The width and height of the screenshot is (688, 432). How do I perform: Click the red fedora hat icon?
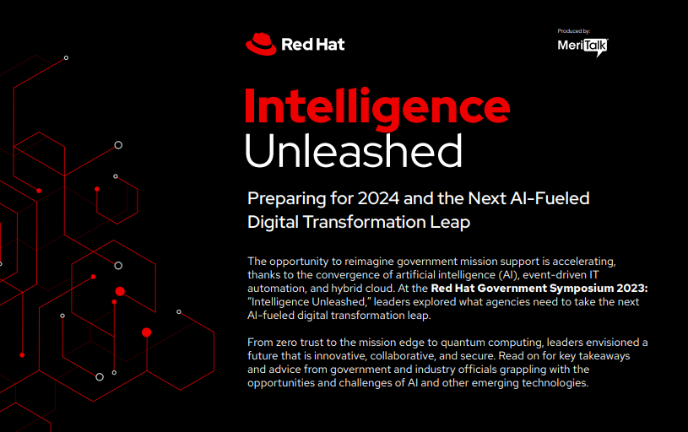pyautogui.click(x=261, y=44)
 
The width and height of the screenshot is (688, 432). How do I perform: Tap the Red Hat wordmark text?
pyautogui.click(x=313, y=44)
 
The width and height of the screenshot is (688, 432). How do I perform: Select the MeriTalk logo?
pyautogui.click(x=582, y=46)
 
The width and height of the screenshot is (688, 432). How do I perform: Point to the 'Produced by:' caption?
pyautogui.click(x=573, y=31)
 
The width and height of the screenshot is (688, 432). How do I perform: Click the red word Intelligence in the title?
pyautogui.click(x=377, y=108)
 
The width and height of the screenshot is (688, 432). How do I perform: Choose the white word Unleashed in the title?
pyautogui.click(x=353, y=150)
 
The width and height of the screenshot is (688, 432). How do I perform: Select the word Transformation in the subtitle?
pyautogui.click(x=364, y=222)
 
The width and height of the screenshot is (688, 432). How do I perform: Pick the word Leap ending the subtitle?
pyautogui.click(x=450, y=223)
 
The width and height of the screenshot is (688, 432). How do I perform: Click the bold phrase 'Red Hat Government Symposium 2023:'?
pyautogui.click(x=539, y=289)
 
